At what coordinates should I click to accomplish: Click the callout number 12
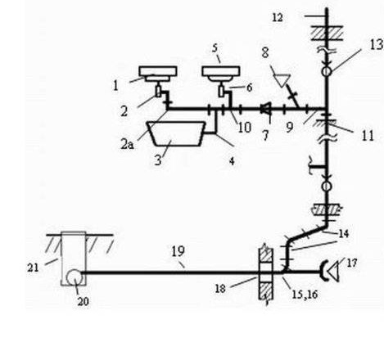point(278,18)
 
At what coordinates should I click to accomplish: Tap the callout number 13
point(377,45)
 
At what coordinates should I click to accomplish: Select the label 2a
point(127,144)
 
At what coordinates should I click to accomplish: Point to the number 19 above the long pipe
point(178,251)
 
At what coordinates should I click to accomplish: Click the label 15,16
point(305,295)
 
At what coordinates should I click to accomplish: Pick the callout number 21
point(33,268)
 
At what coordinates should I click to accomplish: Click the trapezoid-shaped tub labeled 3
point(176,133)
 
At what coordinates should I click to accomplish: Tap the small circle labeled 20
point(74,277)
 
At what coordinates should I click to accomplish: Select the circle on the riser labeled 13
point(327,71)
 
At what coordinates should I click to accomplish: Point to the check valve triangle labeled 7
point(265,109)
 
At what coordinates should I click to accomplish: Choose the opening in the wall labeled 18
point(265,272)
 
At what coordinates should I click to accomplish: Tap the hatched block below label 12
point(327,33)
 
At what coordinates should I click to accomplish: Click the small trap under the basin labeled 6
point(221,92)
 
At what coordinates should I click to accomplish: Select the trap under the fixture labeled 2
point(158,92)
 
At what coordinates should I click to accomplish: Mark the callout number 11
point(368,136)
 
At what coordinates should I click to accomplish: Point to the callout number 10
point(245,128)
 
